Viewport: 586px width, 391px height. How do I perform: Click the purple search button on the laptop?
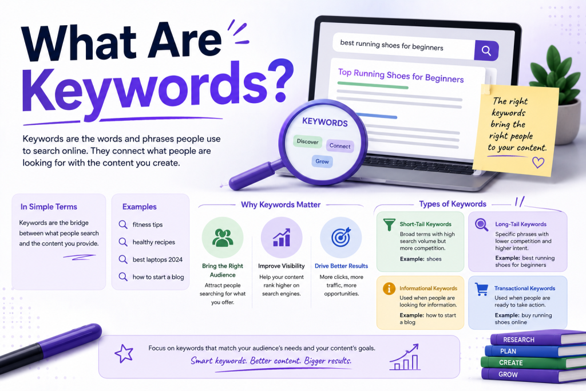(x=486, y=50)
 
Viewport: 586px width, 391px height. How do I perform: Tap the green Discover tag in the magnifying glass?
(x=307, y=141)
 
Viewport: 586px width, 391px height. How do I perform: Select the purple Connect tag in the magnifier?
(x=340, y=146)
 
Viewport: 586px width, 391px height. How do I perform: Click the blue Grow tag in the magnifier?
(x=322, y=161)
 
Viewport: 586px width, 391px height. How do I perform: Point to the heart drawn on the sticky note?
(x=538, y=162)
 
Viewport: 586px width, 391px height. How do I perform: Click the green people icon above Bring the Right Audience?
(x=223, y=238)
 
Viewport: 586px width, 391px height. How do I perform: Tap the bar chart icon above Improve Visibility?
(x=282, y=238)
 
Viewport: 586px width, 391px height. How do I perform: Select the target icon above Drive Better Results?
(x=341, y=238)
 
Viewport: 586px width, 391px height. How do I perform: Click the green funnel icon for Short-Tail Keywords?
(x=389, y=224)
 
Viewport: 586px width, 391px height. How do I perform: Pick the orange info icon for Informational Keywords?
(x=389, y=289)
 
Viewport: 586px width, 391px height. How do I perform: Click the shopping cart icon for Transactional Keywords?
(x=481, y=289)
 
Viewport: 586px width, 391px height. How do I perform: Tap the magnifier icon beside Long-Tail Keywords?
(x=481, y=224)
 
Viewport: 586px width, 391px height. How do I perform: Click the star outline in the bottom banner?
(x=124, y=353)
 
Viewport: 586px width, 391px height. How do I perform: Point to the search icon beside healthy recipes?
(x=123, y=242)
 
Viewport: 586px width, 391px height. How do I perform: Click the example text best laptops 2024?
(x=157, y=259)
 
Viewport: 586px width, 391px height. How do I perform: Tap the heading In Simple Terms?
(x=49, y=207)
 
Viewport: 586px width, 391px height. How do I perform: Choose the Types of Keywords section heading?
(x=453, y=204)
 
